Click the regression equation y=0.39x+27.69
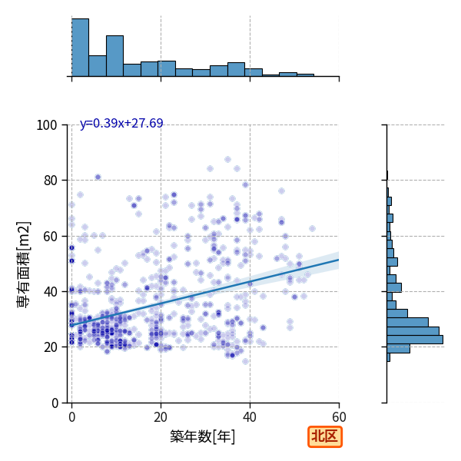click(x=121, y=123)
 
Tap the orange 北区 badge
click(x=325, y=436)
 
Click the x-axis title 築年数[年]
click(x=203, y=436)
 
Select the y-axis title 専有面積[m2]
click(x=24, y=264)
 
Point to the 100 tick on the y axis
click(x=47, y=125)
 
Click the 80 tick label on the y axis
click(x=50, y=181)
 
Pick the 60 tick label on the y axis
click(x=50, y=236)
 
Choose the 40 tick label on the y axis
click(x=50, y=292)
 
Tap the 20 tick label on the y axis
click(x=50, y=347)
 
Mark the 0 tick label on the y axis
click(x=55, y=403)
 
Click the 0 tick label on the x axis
click(x=72, y=417)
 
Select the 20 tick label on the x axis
click(x=161, y=417)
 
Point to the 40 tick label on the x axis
click(x=250, y=417)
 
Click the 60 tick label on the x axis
click(x=339, y=417)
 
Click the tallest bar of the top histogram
click(x=80, y=48)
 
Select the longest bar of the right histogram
click(x=415, y=340)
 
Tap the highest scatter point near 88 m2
click(x=227, y=159)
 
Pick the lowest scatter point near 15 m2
click(x=246, y=361)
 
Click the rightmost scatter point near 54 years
click(x=312, y=228)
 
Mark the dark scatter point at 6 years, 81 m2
click(x=98, y=177)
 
